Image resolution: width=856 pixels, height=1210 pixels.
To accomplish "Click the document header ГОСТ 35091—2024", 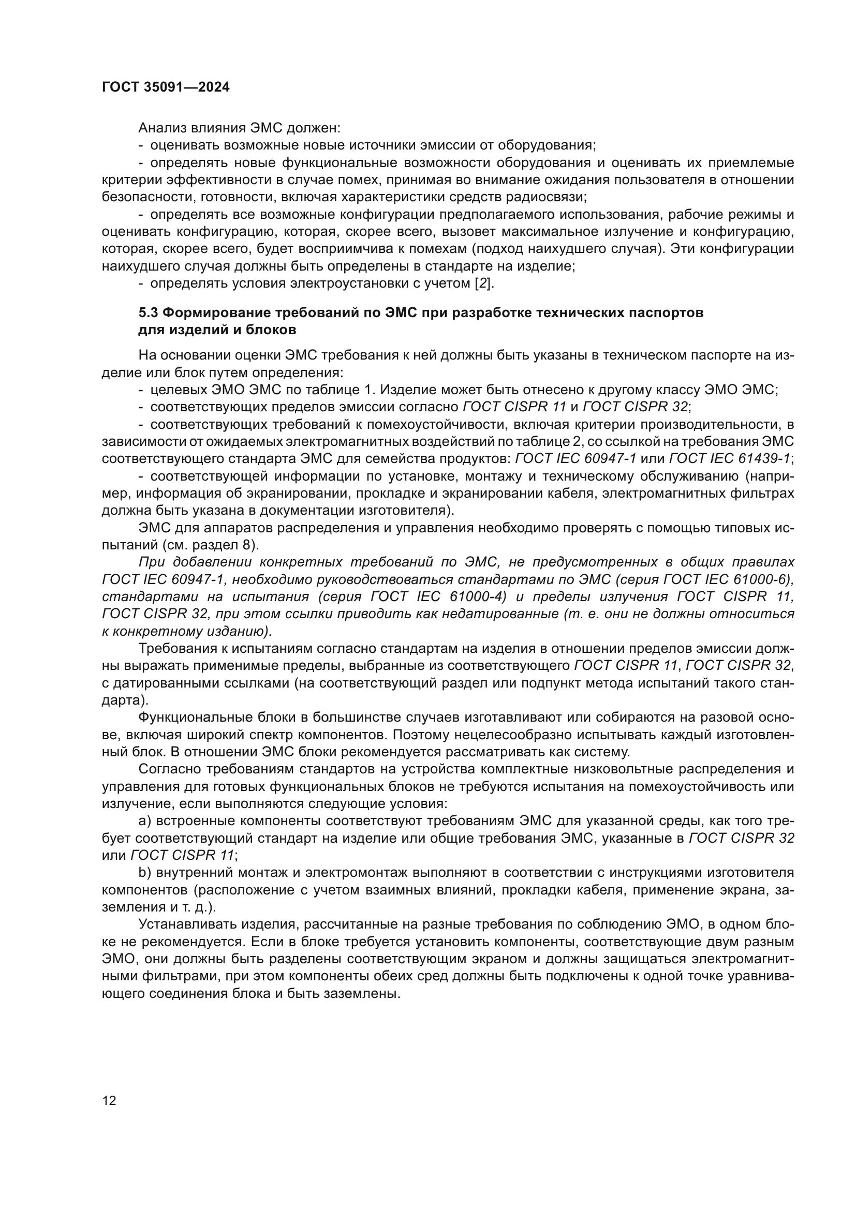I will [166, 87].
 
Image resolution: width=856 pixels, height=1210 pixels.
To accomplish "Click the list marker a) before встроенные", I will [145, 821].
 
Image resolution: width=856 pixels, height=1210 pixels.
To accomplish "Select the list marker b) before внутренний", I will [145, 873].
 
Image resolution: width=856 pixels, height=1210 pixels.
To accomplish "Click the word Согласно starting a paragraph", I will [169, 769].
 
